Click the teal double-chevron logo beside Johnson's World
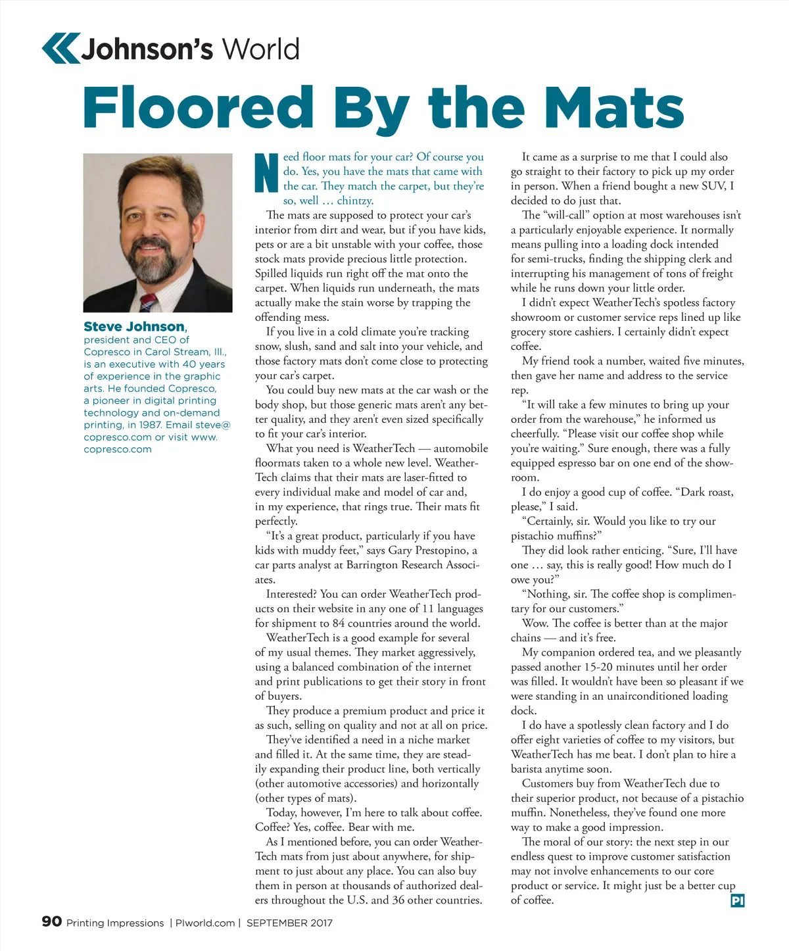[60, 49]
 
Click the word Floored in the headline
[198, 109]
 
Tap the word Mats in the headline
[615, 109]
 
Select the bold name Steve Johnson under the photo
[134, 327]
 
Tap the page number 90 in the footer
[52, 921]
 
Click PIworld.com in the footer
[205, 923]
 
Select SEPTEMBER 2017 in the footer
[289, 923]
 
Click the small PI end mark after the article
[738, 900]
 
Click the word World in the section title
[260, 50]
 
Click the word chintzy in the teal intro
[355, 201]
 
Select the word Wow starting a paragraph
[534, 623]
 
